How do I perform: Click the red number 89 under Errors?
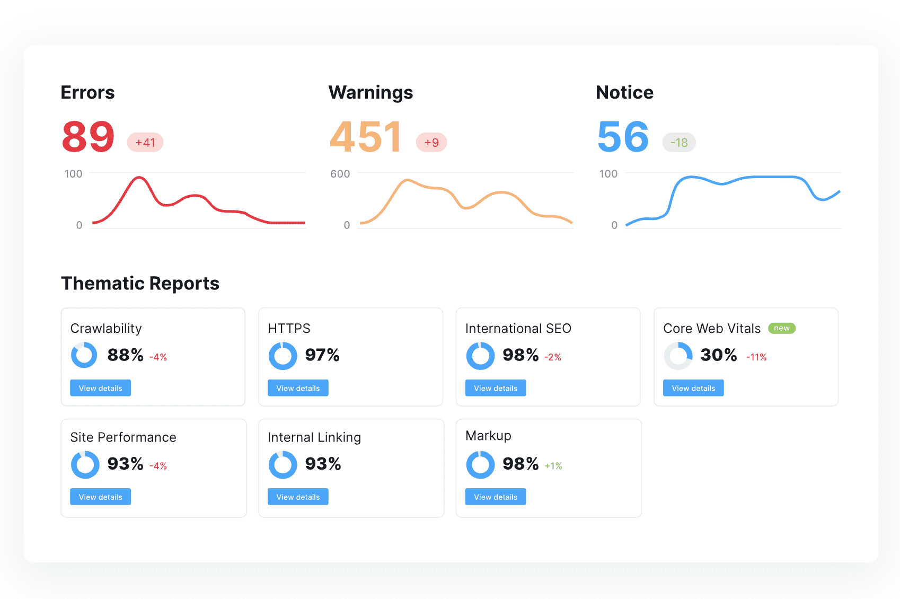88,137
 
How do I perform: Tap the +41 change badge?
145,143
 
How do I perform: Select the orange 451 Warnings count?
365,137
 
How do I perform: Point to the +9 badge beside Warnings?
431,143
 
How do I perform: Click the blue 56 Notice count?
623,137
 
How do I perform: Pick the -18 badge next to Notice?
679,143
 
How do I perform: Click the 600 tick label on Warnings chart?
340,174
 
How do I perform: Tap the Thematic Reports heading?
140,284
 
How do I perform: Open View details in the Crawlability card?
101,388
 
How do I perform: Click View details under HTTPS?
298,388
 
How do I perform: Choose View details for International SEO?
496,388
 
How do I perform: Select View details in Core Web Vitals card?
693,388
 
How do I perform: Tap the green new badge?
782,328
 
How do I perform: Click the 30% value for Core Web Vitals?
719,355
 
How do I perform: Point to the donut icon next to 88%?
84,355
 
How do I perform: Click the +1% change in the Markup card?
553,466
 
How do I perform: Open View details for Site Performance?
101,497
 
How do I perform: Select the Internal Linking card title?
314,437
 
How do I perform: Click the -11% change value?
756,357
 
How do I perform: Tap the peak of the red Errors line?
139,178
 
